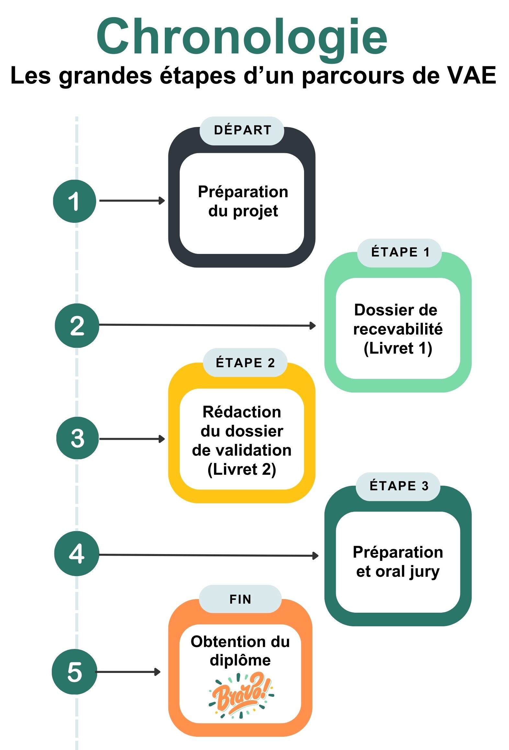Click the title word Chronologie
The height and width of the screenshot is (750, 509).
242,37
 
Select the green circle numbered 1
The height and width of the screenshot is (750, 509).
74,201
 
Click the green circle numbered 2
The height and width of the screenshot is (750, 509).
77,325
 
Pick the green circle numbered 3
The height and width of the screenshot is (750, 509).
77,438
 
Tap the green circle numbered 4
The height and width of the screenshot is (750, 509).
76,553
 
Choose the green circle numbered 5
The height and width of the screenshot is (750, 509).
74,672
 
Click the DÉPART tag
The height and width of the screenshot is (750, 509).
242,131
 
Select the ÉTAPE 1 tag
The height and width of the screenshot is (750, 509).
400,253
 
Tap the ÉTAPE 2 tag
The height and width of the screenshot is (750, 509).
245,363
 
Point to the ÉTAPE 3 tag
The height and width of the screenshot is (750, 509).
398,486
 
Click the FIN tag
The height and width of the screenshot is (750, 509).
240,599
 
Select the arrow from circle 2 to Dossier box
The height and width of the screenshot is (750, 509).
207,325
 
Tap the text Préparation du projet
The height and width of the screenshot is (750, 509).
243,201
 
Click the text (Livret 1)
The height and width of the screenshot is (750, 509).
398,348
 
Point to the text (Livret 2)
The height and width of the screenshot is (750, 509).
242,469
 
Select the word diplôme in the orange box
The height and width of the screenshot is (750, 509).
240,660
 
